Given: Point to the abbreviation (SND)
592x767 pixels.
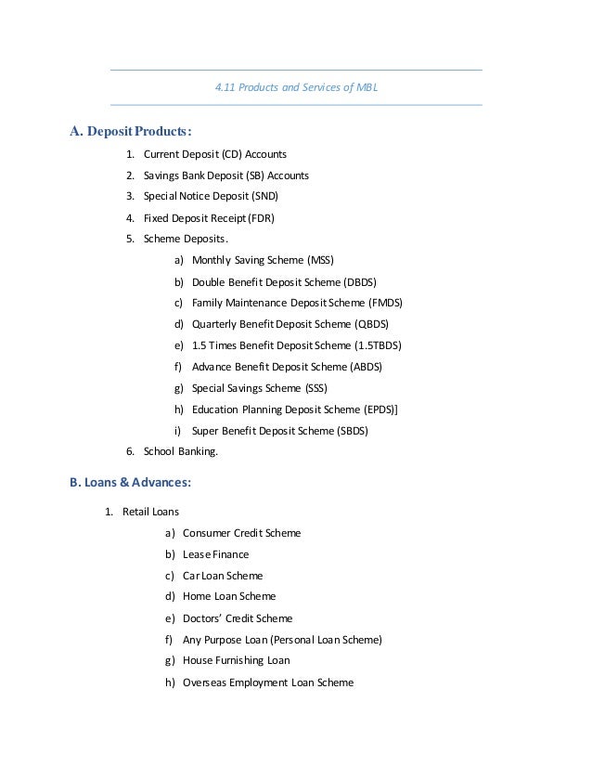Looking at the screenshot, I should (x=264, y=197).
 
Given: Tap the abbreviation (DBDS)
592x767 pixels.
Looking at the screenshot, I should (x=361, y=282).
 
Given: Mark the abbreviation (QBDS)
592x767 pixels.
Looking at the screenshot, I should (x=371, y=325).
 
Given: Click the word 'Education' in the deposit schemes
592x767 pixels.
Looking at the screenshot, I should (x=215, y=409).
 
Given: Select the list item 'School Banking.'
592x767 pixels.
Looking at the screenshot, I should (x=181, y=452).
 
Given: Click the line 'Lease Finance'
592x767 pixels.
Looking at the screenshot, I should (x=216, y=554).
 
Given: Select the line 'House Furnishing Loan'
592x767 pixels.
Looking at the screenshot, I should (x=237, y=660).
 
